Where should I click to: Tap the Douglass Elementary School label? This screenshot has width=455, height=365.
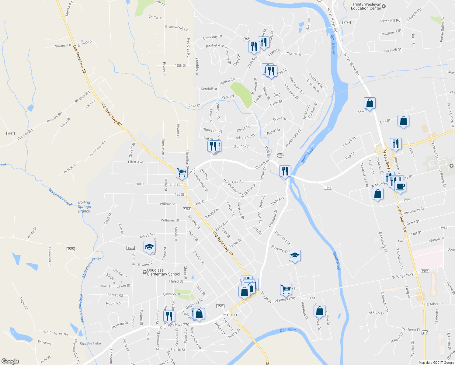163,272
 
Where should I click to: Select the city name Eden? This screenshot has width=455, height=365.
230,315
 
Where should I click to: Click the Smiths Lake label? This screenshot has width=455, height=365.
90,344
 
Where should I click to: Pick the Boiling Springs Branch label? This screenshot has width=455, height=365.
84,207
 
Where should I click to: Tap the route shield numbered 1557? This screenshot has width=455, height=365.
11,134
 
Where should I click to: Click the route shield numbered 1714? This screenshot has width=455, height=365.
346,23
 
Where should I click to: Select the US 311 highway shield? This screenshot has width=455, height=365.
425,333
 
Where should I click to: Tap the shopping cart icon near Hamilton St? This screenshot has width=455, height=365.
182,172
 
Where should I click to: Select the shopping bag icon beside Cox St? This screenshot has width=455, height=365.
403,121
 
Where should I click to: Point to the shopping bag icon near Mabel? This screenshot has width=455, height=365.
370,103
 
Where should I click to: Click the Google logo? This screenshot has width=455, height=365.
10,361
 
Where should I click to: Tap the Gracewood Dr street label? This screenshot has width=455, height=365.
176,28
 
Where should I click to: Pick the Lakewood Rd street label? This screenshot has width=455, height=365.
50,256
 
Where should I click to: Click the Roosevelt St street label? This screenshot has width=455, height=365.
391,50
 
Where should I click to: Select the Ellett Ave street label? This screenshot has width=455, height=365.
135,162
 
